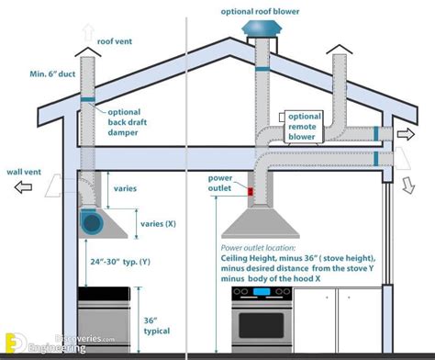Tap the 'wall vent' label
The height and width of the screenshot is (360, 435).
pyautogui.click(x=25, y=170)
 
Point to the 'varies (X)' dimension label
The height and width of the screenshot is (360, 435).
pyautogui.click(x=160, y=222)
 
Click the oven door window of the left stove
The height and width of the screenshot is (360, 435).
pyautogui.click(x=105, y=322)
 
